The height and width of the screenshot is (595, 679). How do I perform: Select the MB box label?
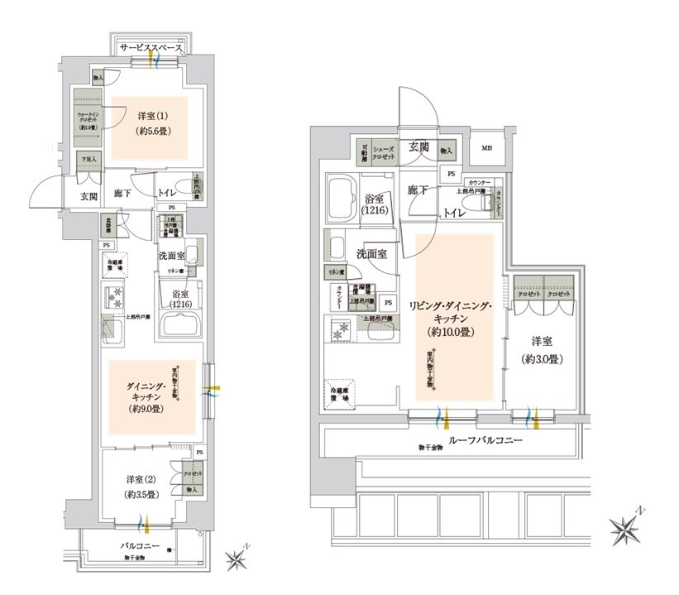488,150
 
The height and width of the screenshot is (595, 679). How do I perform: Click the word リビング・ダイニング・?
451,305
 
